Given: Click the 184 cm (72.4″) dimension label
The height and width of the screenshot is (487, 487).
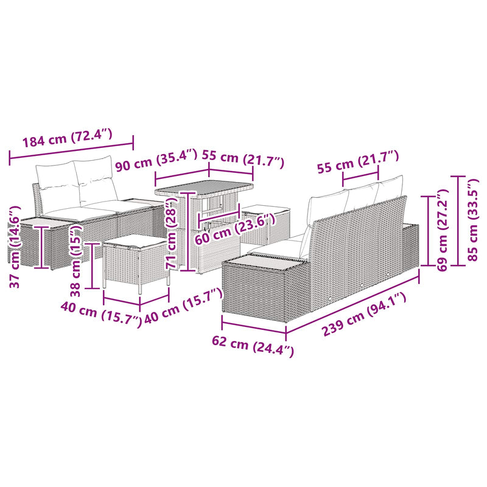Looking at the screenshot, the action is point(67,139).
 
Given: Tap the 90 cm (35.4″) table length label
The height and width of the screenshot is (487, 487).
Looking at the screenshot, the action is point(156,160).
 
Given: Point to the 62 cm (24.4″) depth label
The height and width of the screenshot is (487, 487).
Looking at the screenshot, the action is point(253,346).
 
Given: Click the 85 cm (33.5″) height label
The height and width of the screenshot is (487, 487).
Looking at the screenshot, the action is point(474,220).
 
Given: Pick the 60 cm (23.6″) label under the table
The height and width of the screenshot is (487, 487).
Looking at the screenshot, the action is point(235,229).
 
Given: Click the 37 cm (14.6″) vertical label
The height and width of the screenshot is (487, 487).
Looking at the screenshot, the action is point(15,247).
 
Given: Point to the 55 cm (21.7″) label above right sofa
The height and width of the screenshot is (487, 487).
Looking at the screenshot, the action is point(357,161).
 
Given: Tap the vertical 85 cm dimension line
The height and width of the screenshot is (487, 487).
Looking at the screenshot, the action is point(459,220).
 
